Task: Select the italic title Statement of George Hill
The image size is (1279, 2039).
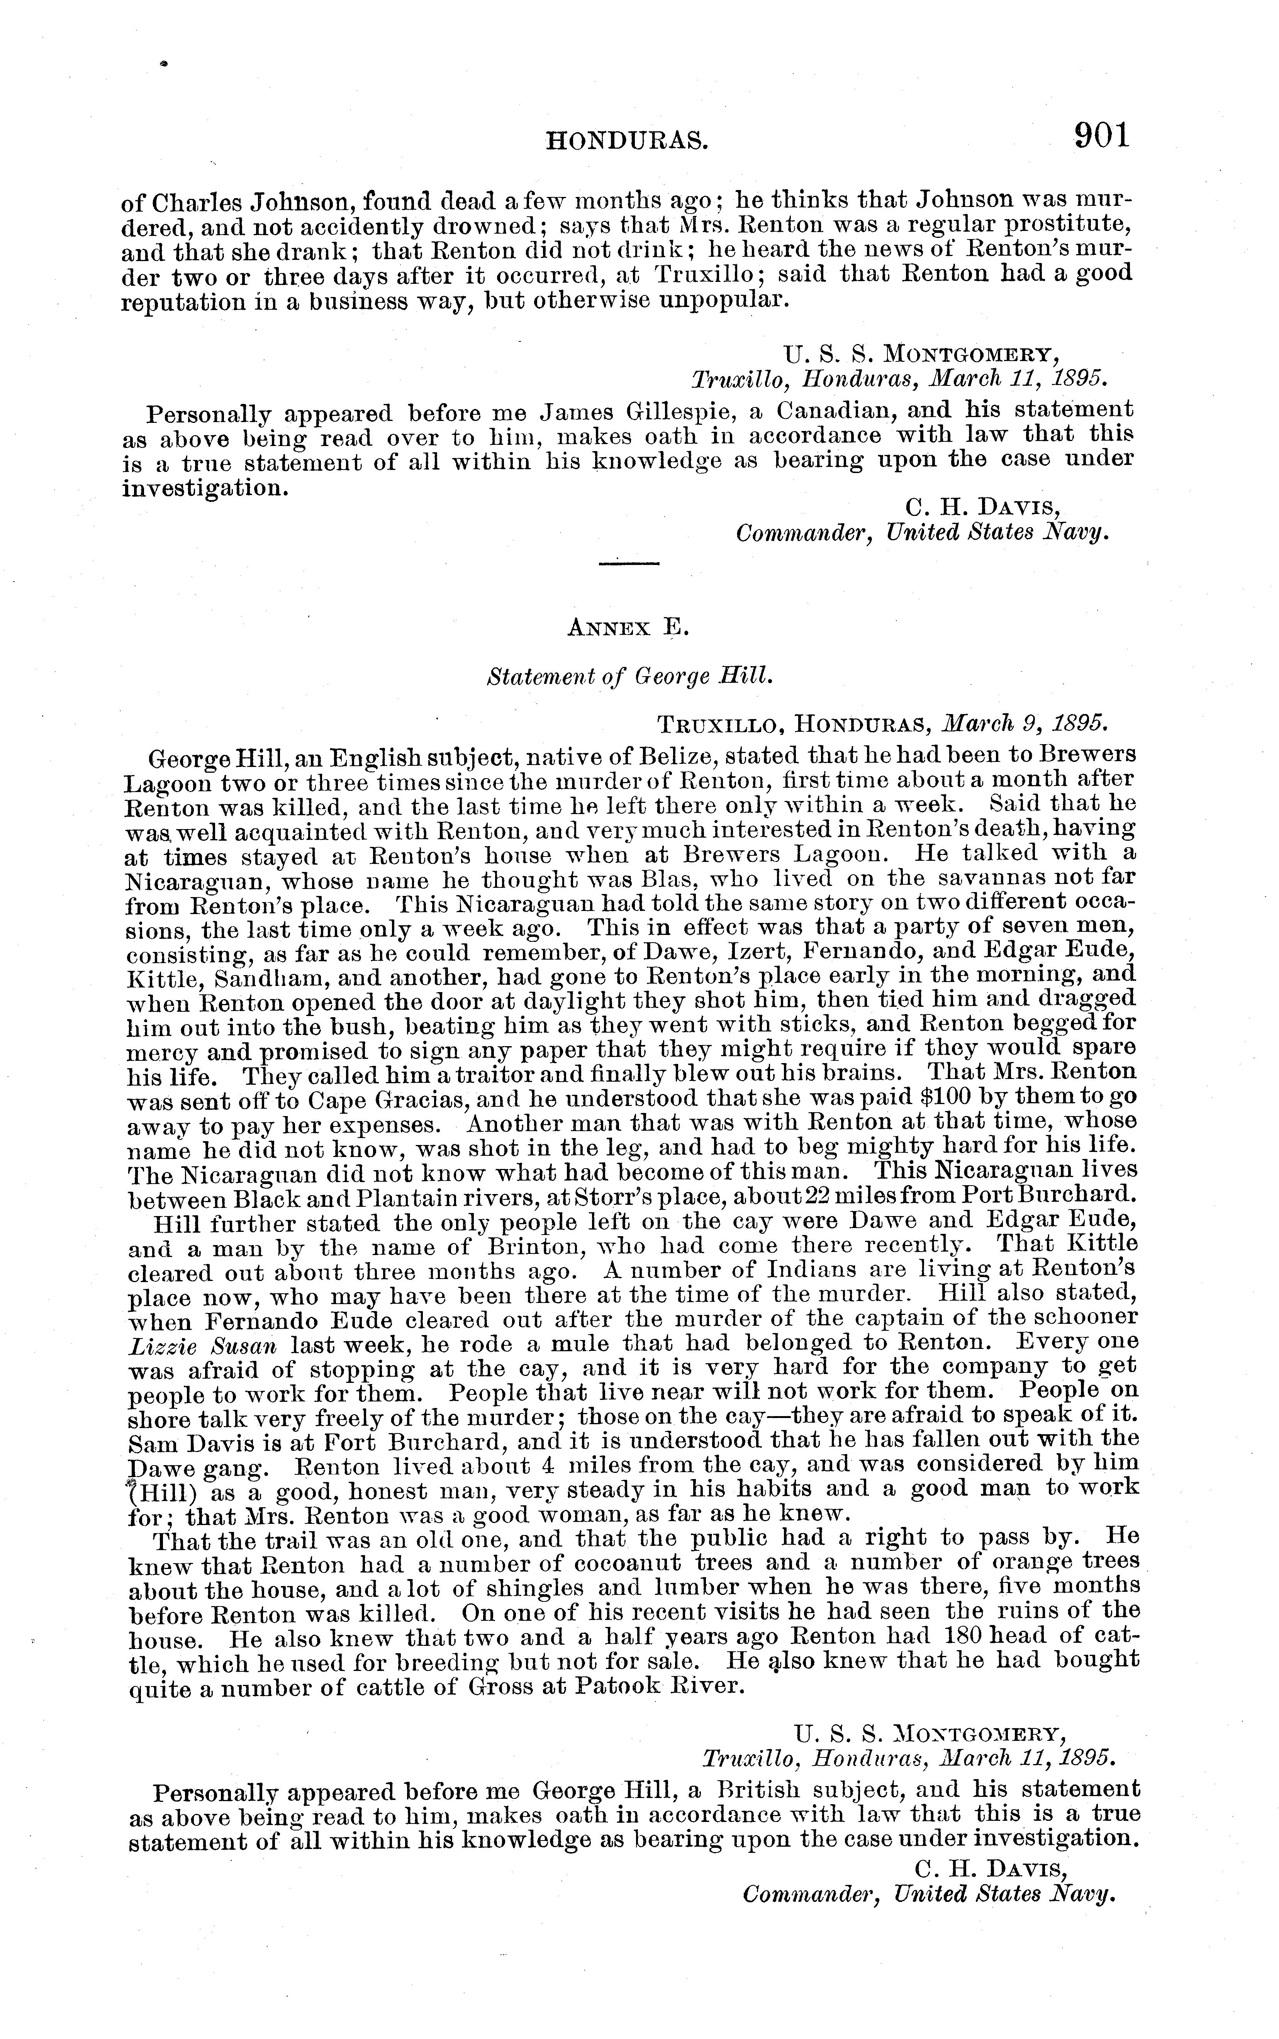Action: coord(630,677)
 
